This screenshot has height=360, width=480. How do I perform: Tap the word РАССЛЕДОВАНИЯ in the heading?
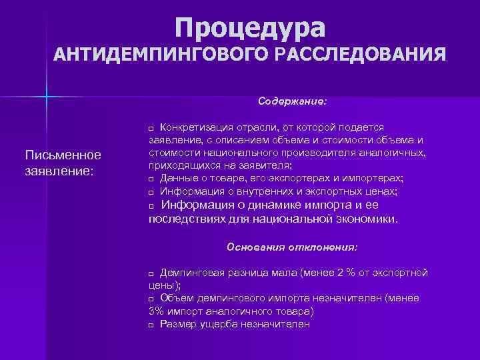point(356,54)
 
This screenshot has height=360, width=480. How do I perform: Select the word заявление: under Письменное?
point(57,171)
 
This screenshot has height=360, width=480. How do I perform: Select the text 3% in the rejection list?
point(155,311)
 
